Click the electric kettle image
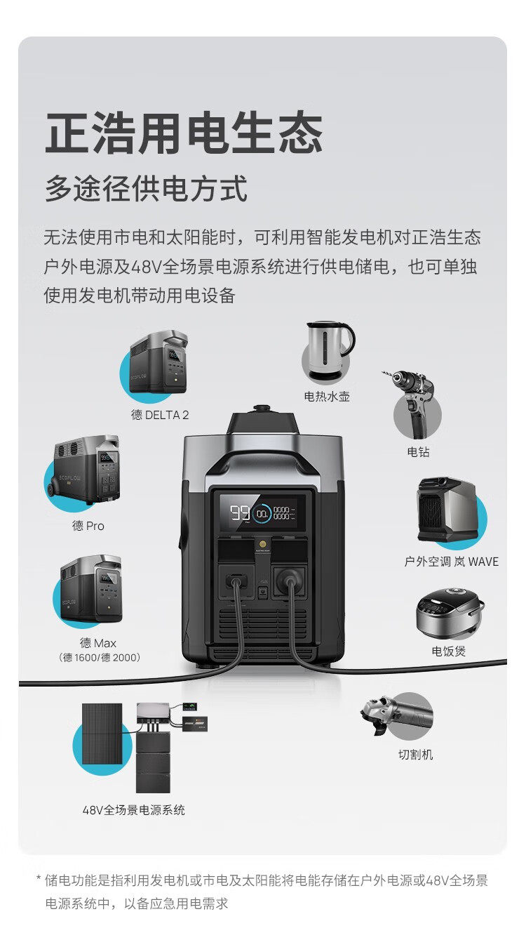330,351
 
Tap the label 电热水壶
327,397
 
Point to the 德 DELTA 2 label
160,415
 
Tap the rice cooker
450,613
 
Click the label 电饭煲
448,651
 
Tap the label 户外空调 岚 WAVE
451,562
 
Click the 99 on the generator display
240,513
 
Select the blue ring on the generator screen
262,513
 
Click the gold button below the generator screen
262,543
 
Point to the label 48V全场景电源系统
133,810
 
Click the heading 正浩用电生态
184,132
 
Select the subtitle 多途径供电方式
146,188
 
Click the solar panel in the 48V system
102,734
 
